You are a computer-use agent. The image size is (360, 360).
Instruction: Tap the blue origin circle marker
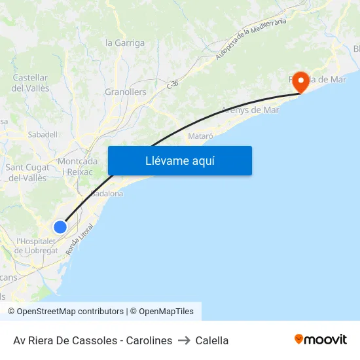coord(60,227)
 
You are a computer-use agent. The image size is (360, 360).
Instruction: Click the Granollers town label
coord(126,92)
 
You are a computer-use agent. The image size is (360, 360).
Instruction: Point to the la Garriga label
coord(125,43)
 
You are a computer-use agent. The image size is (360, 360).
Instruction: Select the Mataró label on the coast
coord(200,136)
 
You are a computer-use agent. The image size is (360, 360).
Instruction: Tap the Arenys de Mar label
coord(250,110)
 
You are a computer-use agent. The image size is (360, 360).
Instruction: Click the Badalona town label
coord(107,194)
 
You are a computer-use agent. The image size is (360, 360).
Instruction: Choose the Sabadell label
coord(43,134)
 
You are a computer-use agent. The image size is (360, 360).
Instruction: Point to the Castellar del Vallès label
coord(30,82)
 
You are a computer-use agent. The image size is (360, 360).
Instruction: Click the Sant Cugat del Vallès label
coord(26,173)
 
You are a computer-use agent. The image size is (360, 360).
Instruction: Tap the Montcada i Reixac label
coord(78,166)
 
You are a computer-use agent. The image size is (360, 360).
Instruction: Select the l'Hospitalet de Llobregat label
coord(36,245)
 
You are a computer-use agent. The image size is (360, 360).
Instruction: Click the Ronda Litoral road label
coord(79,240)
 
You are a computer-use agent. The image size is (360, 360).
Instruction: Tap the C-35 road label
coord(172,84)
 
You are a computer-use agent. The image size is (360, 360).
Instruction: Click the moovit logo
coord(320,340)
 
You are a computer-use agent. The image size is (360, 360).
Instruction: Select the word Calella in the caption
coord(212,340)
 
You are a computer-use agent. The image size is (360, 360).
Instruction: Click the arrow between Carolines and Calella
coord(184,340)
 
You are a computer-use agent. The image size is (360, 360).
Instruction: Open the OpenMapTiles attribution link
coord(162,312)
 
